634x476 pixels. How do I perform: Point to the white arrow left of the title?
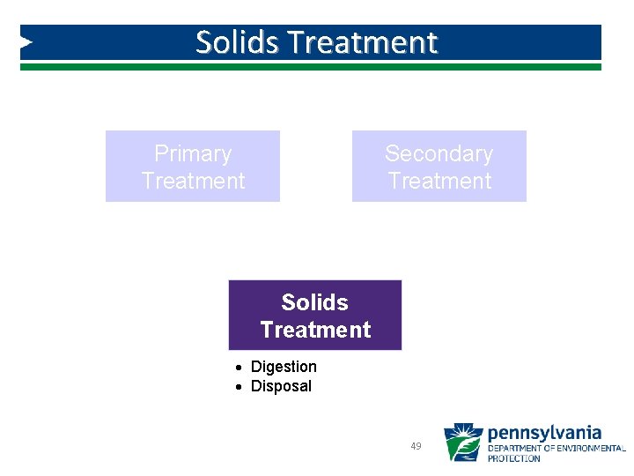[26, 41]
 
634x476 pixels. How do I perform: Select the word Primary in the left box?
[193, 153]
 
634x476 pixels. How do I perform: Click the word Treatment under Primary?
[193, 181]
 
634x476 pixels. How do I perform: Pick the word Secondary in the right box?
[439, 153]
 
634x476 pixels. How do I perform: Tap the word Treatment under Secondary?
[439, 181]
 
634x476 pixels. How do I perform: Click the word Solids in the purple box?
[314, 302]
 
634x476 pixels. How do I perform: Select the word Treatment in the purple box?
[315, 330]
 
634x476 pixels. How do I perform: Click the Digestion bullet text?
[284, 367]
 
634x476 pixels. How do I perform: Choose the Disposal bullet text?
[281, 386]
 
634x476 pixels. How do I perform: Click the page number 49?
[416, 446]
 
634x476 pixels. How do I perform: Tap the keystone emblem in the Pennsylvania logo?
[462, 443]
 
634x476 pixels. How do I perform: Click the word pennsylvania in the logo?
[544, 433]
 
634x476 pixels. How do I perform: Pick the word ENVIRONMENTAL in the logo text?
[593, 449]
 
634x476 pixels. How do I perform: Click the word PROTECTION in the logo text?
[514, 458]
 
